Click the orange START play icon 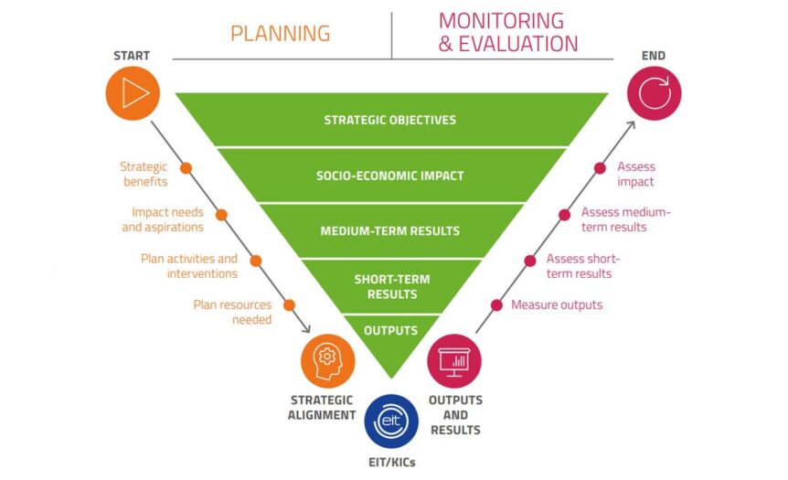click(133, 93)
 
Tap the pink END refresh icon click(655, 93)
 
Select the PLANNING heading click(281, 34)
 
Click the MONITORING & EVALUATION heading click(508, 32)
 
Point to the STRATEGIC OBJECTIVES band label click(390, 120)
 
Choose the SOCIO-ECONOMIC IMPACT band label click(390, 176)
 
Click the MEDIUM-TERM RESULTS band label click(390, 231)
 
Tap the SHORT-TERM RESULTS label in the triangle click(392, 286)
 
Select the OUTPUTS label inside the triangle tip click(391, 331)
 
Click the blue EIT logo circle click(391, 421)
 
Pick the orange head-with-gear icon click(327, 361)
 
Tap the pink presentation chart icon click(454, 361)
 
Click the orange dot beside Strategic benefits click(186, 168)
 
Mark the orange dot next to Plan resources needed click(289, 305)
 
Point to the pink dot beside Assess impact click(600, 168)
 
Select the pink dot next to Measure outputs click(496, 305)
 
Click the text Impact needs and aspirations click(163, 219)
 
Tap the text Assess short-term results click(583, 266)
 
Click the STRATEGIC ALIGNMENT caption click(322, 408)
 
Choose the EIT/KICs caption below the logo click(392, 463)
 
